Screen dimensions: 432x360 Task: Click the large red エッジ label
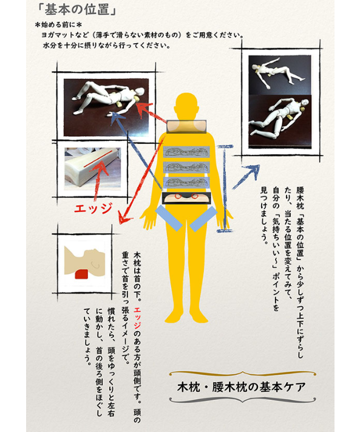[x=93, y=208]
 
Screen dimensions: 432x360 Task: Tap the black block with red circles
[x=187, y=197]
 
